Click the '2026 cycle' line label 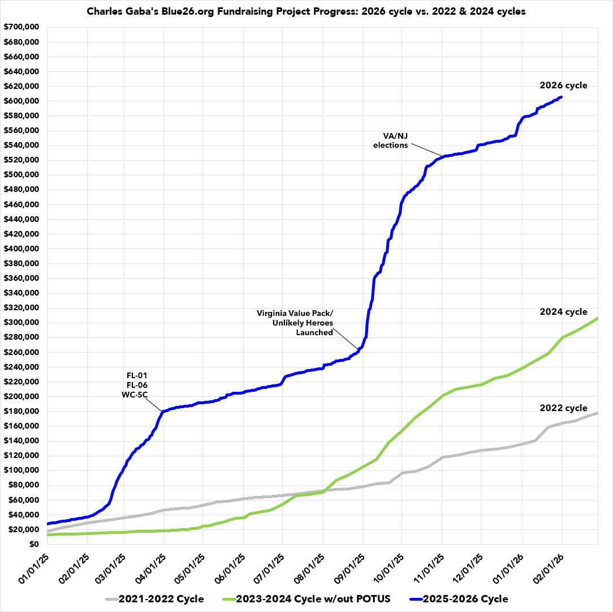(x=563, y=85)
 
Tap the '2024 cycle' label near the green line (x=563, y=312)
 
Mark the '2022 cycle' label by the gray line (x=563, y=408)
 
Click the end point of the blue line (x=560, y=97)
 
